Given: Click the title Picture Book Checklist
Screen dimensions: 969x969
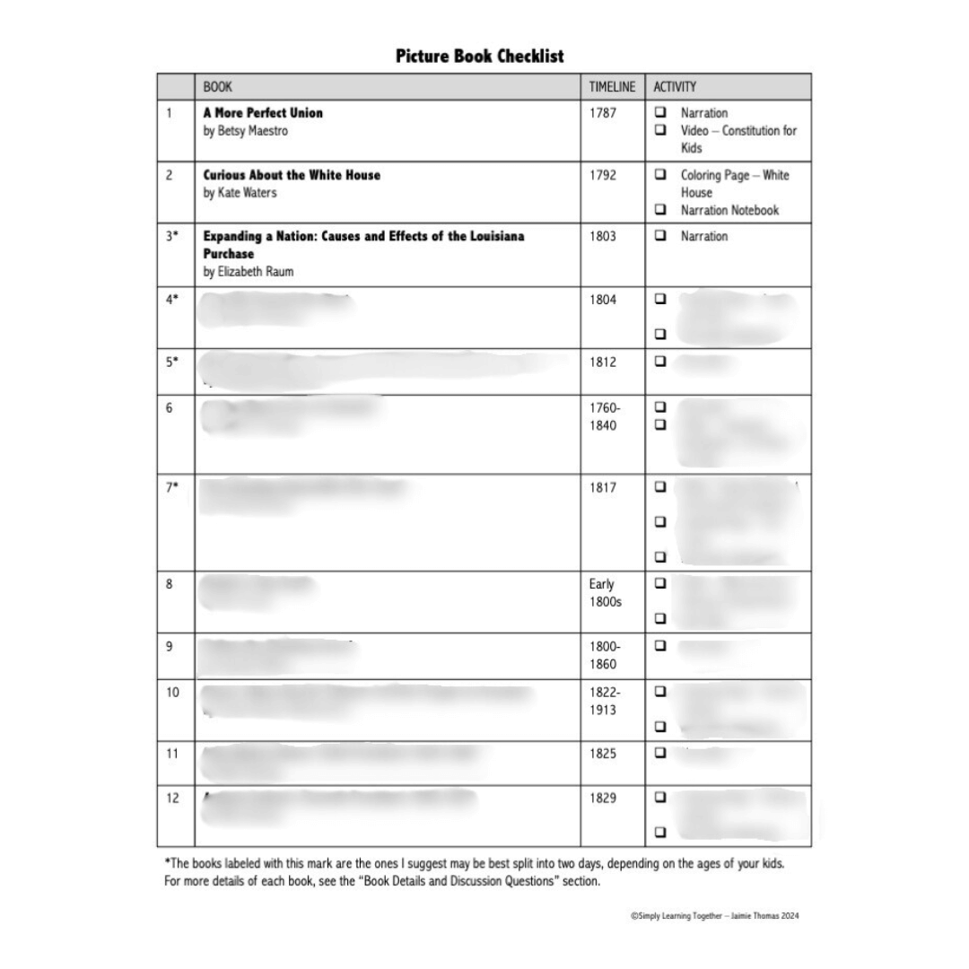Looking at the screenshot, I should click(480, 57).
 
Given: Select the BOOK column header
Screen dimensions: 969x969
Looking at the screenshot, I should click(218, 87).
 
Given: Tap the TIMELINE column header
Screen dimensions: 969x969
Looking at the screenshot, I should click(612, 87).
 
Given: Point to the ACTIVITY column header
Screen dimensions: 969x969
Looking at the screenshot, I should click(675, 87).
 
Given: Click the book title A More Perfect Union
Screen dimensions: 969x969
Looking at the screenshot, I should click(263, 113).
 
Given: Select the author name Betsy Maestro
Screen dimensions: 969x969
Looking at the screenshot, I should click(246, 131).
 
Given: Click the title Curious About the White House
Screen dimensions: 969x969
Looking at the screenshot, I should click(292, 175).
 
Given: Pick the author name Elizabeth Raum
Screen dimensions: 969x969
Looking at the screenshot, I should click(249, 272).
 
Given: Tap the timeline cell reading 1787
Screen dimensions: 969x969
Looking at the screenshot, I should click(603, 113).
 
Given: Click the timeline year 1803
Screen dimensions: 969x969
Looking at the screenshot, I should click(603, 237).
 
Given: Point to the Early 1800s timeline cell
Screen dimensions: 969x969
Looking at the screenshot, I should click(605, 593).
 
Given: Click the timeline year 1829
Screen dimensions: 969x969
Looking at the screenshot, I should click(603, 798).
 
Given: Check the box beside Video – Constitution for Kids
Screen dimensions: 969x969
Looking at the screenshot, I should click(660, 130).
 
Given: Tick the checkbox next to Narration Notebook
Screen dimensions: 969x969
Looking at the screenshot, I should click(660, 210).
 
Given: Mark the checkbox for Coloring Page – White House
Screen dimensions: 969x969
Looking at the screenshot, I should click(660, 175).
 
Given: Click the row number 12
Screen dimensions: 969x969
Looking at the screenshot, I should click(172, 798).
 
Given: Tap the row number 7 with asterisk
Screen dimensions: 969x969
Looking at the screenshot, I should click(172, 487).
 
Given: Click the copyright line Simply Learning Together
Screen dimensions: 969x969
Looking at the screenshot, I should click(714, 916).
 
